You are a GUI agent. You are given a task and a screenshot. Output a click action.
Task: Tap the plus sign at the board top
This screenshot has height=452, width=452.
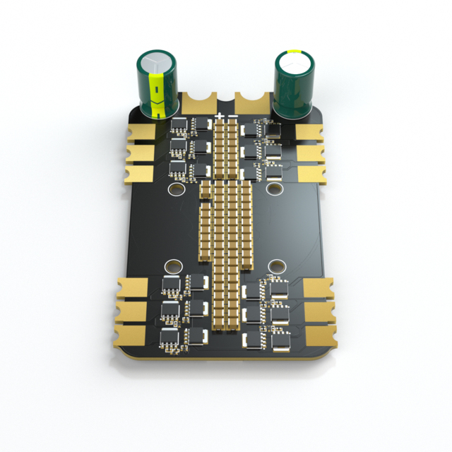[x=220, y=116]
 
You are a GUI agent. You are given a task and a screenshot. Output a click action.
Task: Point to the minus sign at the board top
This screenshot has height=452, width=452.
[x=233, y=116]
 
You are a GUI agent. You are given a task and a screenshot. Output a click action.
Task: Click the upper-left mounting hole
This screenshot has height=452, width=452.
[x=175, y=189]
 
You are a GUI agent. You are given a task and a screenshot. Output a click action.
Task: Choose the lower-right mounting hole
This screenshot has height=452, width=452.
[x=278, y=267]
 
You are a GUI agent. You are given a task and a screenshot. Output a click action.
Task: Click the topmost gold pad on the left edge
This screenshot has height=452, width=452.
[x=141, y=132]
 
